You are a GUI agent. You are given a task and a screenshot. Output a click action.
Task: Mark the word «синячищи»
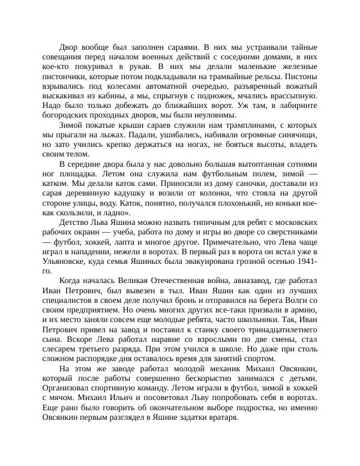pyautogui.click(x=295, y=136)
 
